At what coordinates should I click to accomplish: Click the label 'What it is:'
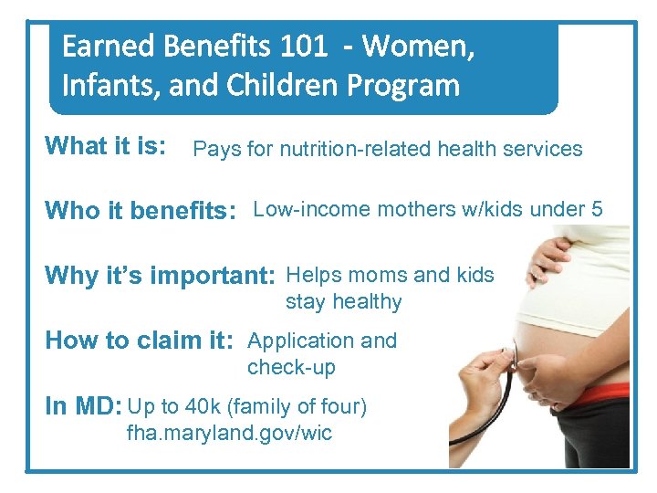106,146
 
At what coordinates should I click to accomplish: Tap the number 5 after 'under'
597,209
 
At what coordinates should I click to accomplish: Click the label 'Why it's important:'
161,275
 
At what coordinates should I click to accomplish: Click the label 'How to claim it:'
140,341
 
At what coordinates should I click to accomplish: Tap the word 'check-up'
291,367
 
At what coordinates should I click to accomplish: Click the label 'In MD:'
84,406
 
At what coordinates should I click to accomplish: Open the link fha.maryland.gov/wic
229,433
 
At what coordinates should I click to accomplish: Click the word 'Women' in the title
421,47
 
